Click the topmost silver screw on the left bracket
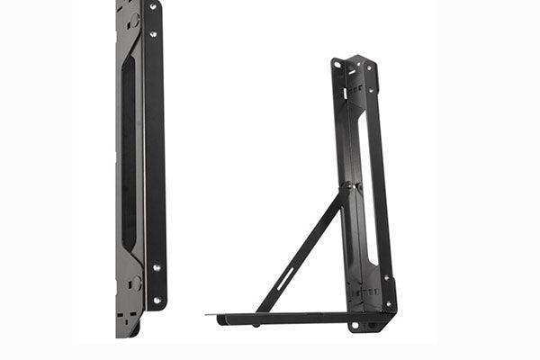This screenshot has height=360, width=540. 152,7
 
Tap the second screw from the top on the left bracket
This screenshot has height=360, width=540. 155,34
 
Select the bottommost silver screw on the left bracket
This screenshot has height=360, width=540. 157,300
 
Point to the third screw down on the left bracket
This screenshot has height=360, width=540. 157,268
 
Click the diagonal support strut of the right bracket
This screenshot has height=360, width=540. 301,252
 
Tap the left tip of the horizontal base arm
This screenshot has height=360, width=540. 208,315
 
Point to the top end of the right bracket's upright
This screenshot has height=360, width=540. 354,60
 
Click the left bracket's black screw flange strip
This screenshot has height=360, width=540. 155,153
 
